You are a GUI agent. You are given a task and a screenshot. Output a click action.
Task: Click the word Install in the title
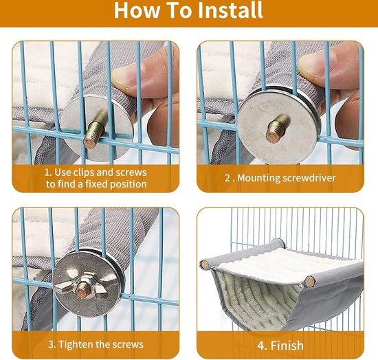point(230,10)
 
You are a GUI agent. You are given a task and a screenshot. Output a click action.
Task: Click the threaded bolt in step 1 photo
point(96,131)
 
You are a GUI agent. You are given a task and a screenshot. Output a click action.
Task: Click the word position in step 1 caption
point(129,185)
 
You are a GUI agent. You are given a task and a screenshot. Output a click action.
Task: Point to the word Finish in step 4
point(287,346)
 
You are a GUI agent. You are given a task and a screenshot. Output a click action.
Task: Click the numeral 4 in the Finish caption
point(261,346)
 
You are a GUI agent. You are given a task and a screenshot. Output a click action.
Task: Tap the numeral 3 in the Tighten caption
point(51,345)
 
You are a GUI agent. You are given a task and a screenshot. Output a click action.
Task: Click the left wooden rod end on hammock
point(205,265)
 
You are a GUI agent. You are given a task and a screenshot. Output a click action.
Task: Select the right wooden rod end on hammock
point(310,281)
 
